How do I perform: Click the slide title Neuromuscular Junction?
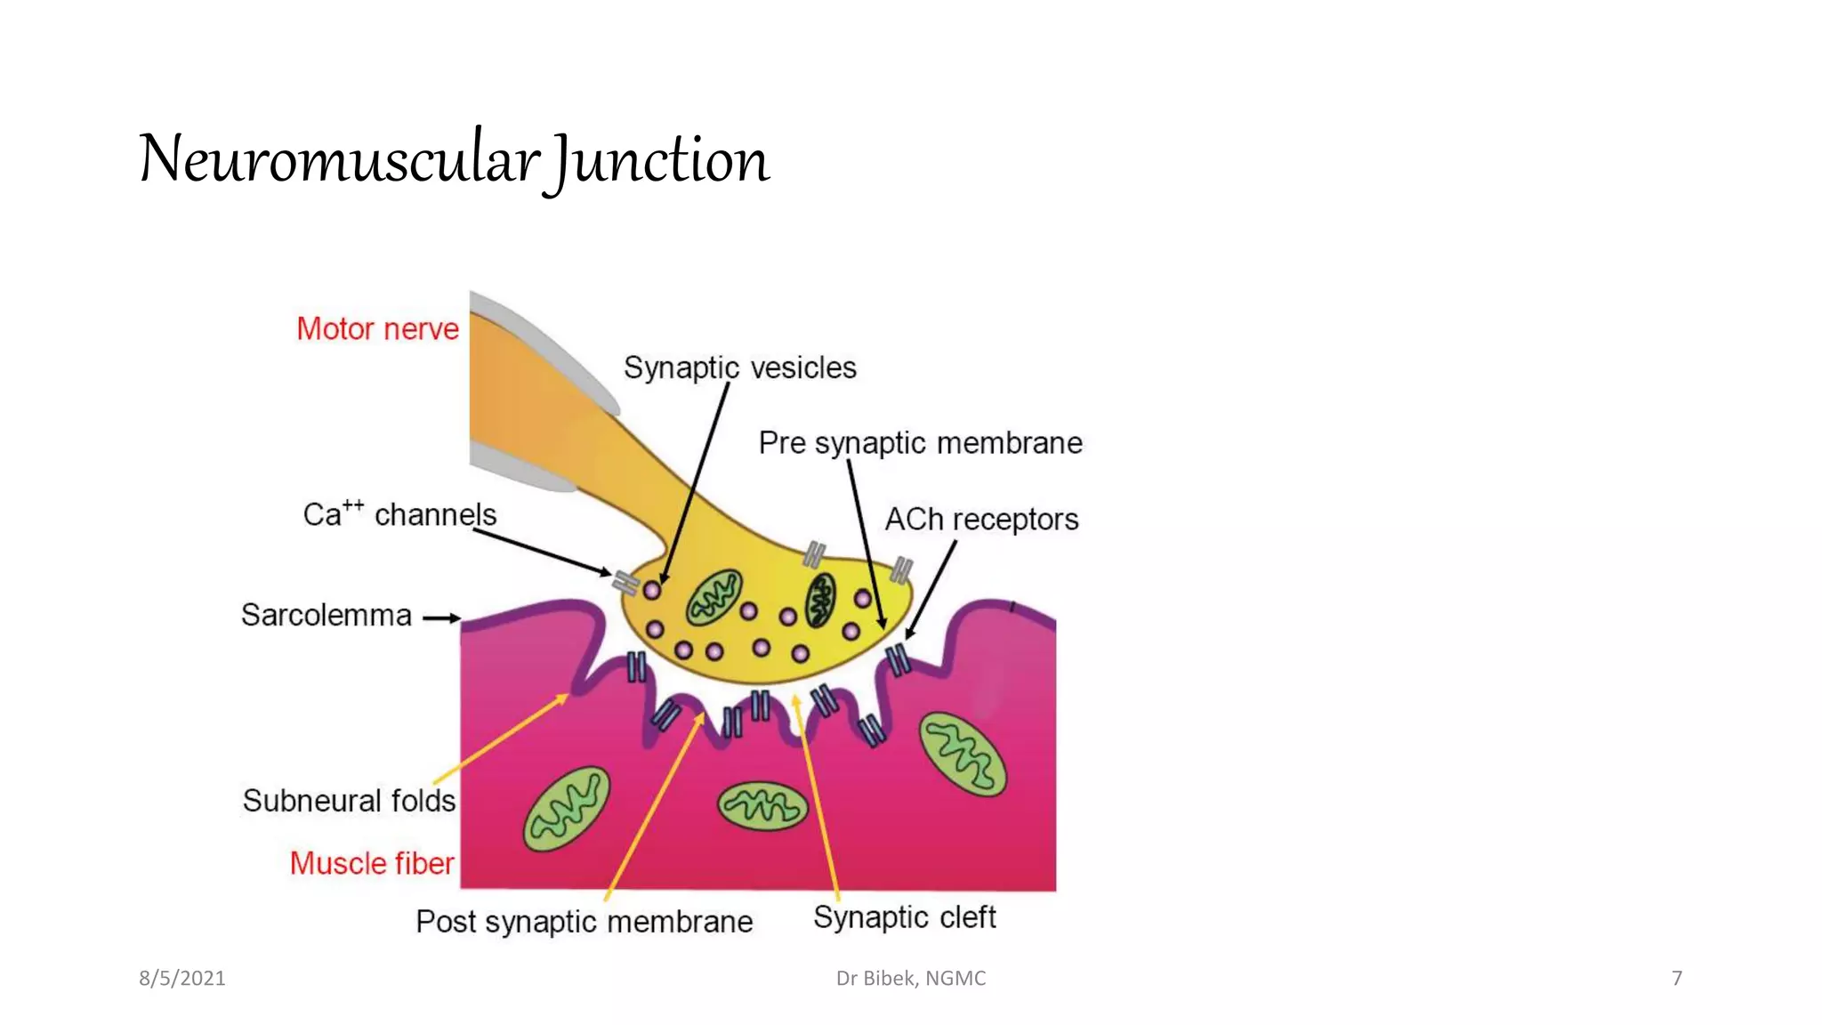[x=454, y=160]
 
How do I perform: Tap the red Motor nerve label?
[x=377, y=329]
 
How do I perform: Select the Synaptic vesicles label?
[x=739, y=367]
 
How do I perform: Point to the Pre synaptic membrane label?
[x=920, y=443]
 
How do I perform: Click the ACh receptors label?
[x=981, y=520]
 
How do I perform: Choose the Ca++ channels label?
[x=399, y=514]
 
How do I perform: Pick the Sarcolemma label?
[x=327, y=616]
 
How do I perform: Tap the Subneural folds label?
[x=349, y=801]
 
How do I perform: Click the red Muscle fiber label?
[x=372, y=863]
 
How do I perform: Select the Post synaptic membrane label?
[x=584, y=922]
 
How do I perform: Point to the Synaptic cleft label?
[x=904, y=917]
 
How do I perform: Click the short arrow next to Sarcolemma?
[x=441, y=617]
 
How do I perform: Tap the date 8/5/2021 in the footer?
[x=182, y=979]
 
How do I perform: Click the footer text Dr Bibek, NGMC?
[x=911, y=979]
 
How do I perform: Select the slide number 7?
[x=1677, y=979]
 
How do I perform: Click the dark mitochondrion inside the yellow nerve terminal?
[x=820, y=600]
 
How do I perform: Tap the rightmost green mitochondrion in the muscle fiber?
[x=963, y=754]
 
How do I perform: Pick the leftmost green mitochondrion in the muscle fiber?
[x=567, y=809]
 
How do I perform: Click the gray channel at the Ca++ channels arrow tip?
[x=625, y=583]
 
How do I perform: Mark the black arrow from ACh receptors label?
[x=931, y=589]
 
